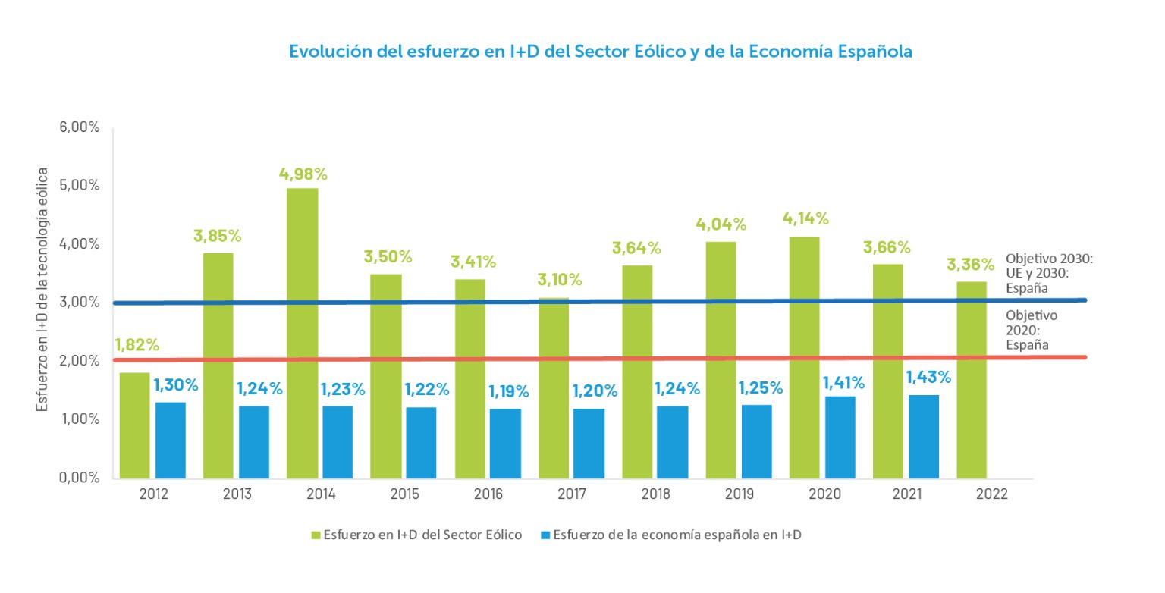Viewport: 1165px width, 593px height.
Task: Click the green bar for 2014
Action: (x=302, y=333)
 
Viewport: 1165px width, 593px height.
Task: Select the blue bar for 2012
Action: (x=170, y=440)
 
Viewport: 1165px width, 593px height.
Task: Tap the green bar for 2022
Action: (x=972, y=379)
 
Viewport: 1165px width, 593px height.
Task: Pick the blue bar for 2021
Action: (x=923, y=436)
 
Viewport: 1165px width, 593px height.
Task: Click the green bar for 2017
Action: (x=554, y=387)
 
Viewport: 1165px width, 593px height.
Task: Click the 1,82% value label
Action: (x=137, y=344)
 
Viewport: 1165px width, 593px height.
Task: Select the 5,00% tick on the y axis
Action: (x=80, y=186)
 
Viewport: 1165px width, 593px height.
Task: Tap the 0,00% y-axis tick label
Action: (x=80, y=478)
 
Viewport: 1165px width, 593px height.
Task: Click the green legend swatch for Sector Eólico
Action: (x=316, y=535)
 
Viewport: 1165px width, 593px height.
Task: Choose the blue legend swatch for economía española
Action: (x=545, y=535)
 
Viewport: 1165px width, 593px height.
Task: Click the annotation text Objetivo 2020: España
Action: (x=1032, y=330)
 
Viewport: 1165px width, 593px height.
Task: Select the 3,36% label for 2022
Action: (x=970, y=265)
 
